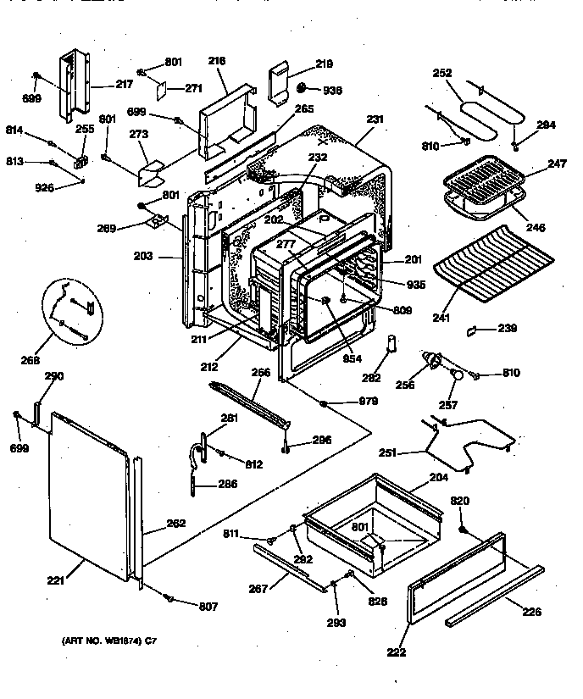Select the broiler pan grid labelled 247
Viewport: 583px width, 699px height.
(x=483, y=176)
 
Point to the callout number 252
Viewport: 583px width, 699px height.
(x=442, y=74)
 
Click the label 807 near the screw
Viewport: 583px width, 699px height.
(x=208, y=607)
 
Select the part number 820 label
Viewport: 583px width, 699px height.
(x=458, y=502)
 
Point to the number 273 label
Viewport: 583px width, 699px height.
(x=138, y=134)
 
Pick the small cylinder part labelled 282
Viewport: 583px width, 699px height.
(x=391, y=344)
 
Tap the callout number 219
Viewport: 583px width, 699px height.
(x=325, y=64)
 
